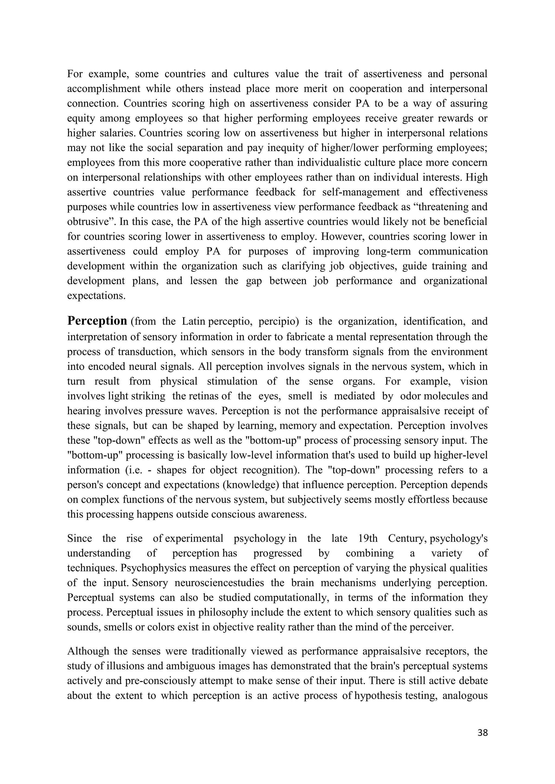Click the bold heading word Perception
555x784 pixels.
(x=97, y=321)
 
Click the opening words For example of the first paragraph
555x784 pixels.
(x=90, y=74)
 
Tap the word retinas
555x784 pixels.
(x=203, y=396)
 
